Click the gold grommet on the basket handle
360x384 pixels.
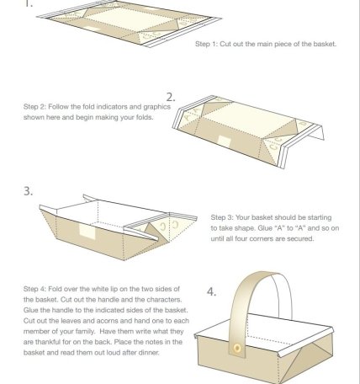[237, 349]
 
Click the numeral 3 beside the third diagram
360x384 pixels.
[27, 191]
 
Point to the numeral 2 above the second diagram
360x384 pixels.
[170, 97]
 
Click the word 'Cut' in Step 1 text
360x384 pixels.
[225, 44]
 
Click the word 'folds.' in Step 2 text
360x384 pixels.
[145, 117]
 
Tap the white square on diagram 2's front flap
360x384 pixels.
[224, 141]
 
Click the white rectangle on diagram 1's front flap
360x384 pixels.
[93, 29]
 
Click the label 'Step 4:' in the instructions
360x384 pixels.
[34, 289]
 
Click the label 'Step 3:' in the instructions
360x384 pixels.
[222, 217]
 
